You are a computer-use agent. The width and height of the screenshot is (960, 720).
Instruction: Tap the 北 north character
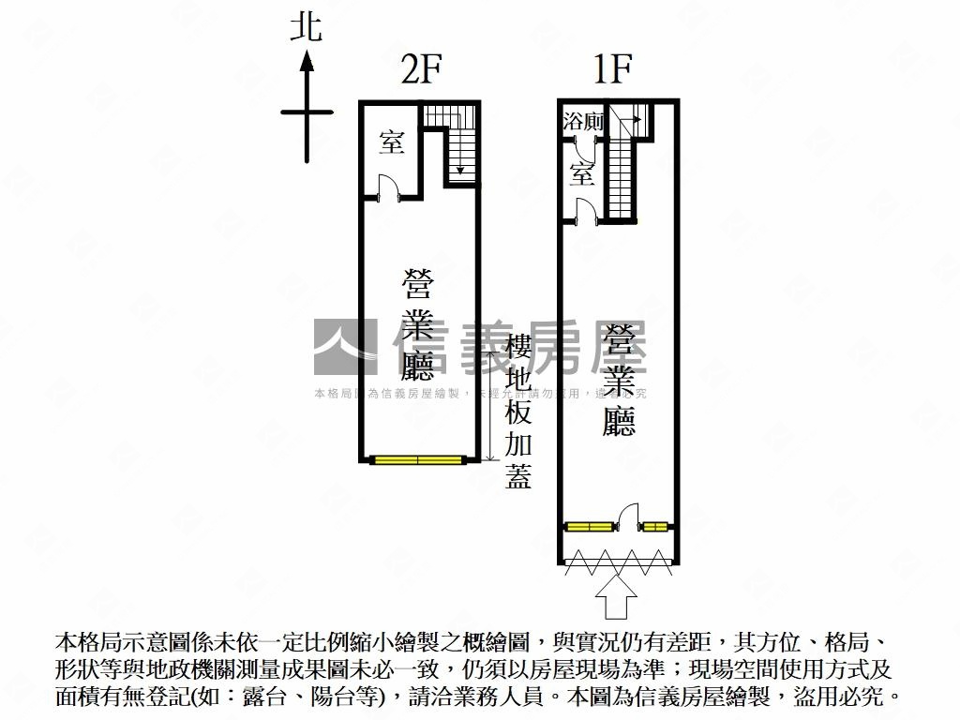pos(306,26)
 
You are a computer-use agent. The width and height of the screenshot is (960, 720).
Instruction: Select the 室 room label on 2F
pos(391,142)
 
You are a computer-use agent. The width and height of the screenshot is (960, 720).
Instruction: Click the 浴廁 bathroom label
pos(584,121)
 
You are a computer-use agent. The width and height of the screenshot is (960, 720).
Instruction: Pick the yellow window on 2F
pos(417,459)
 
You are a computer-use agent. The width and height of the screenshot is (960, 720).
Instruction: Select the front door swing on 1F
pos(629,516)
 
